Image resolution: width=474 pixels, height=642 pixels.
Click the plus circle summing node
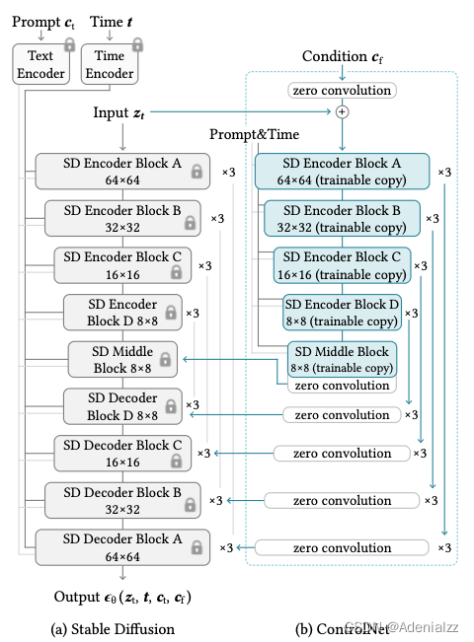(x=342, y=112)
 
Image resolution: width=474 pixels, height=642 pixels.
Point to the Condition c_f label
(x=342, y=57)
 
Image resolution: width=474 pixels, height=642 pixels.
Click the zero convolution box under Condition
(x=342, y=91)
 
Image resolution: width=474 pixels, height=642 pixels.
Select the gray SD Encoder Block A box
(x=122, y=171)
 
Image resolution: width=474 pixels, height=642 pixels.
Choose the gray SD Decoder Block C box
(x=122, y=452)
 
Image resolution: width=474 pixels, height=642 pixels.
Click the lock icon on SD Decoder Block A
(x=197, y=547)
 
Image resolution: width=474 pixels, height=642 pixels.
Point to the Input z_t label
(x=124, y=114)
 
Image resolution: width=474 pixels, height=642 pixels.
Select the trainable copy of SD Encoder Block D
(x=342, y=312)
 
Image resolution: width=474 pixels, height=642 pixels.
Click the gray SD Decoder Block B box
(x=122, y=500)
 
